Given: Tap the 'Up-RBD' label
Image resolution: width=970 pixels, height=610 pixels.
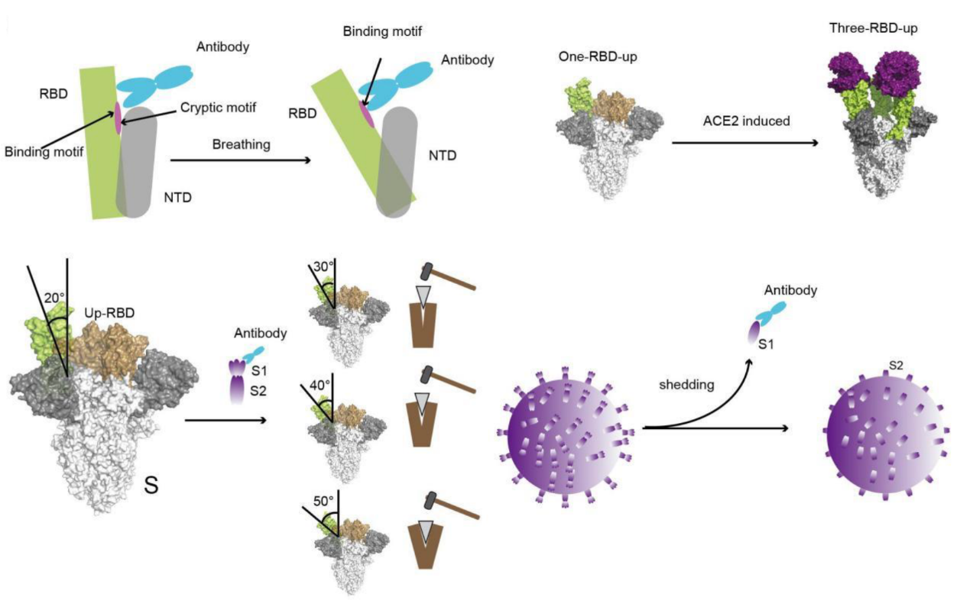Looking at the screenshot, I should [x=109, y=312].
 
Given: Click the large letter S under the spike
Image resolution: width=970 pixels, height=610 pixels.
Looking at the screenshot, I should [x=151, y=485].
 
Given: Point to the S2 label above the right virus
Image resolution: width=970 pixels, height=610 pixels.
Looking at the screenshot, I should [x=896, y=366].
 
